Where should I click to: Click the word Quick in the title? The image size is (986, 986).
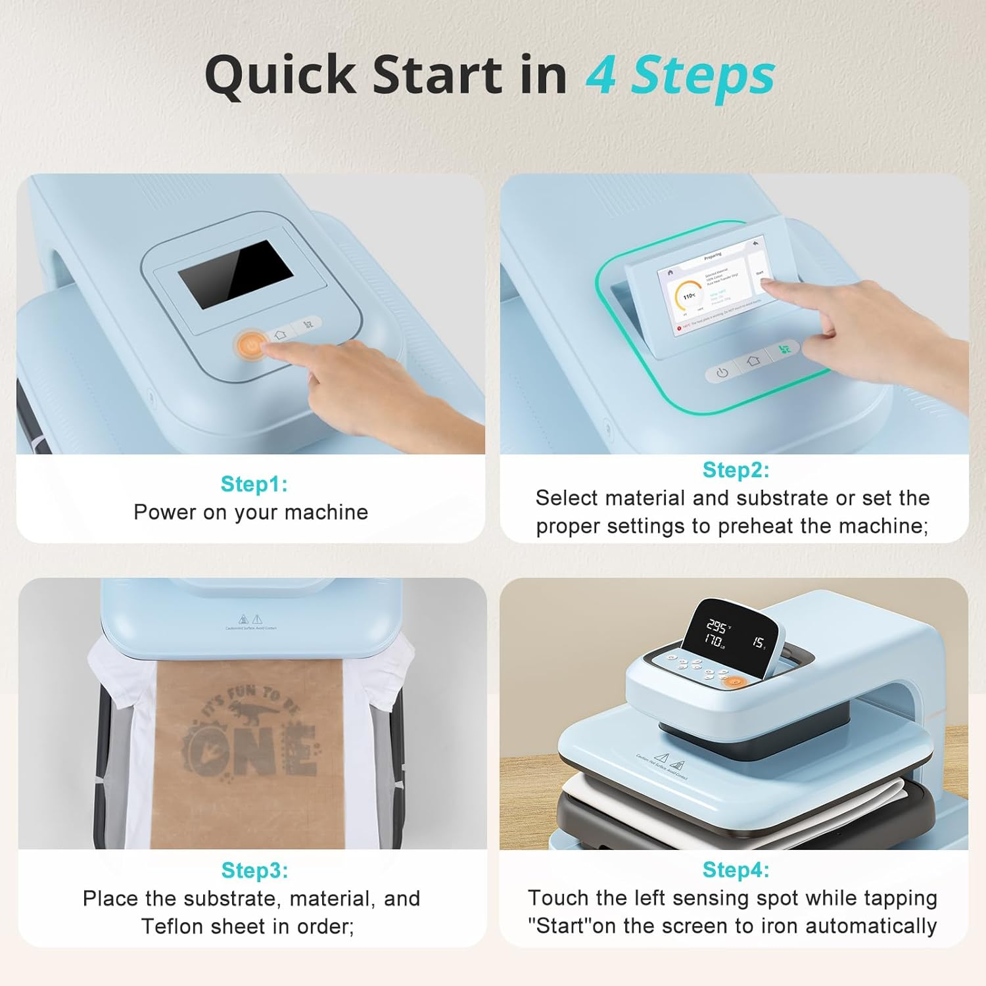coord(281,75)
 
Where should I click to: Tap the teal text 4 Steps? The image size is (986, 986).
coord(680,75)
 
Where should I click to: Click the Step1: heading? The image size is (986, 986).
coord(254,484)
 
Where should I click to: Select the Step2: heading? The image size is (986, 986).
coord(735,469)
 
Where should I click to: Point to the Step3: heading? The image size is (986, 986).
coord(254,870)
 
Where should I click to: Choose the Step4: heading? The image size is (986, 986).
coord(735,869)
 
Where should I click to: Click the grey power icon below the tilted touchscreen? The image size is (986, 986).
coord(722,373)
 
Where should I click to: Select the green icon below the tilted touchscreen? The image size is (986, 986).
coord(784,350)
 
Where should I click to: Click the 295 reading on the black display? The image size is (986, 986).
coord(716,625)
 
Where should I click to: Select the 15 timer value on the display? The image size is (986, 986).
coord(758,642)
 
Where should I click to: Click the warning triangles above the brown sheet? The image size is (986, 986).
coord(250,619)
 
